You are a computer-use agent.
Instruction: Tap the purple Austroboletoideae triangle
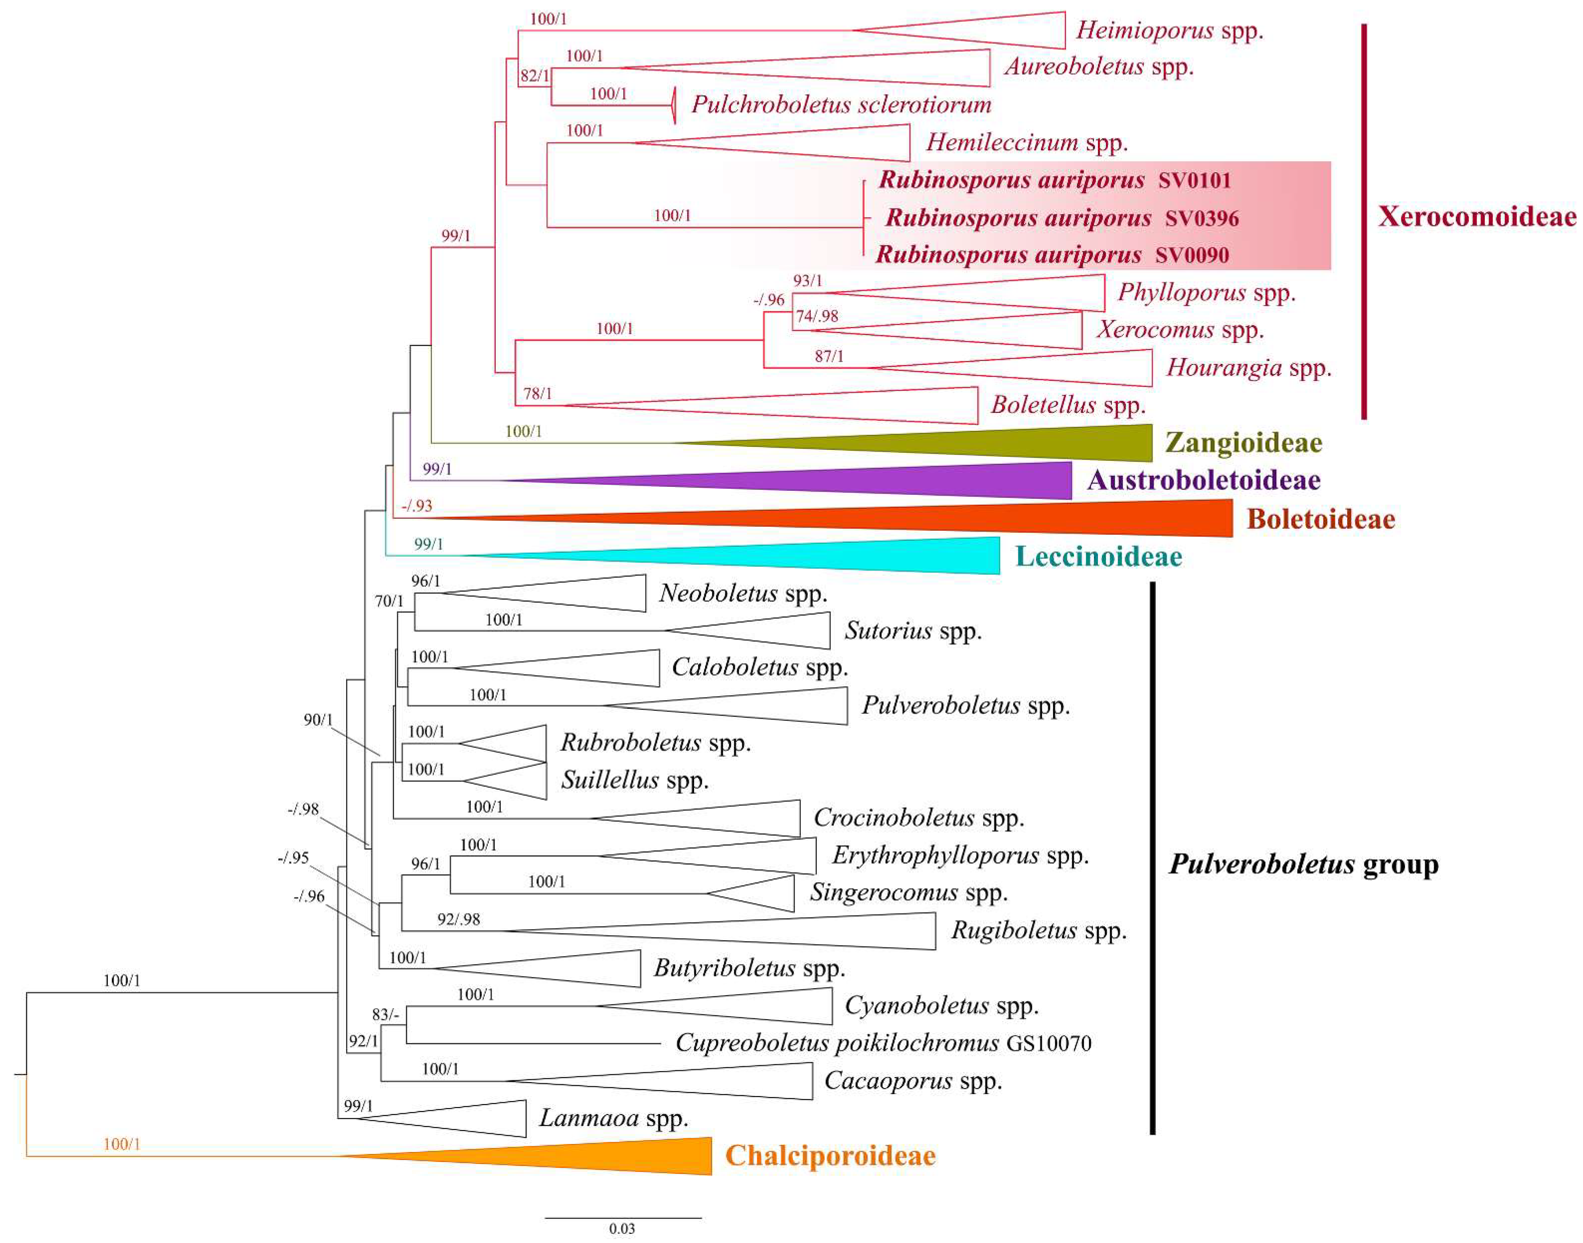873,480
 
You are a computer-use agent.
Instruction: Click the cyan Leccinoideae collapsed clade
800,556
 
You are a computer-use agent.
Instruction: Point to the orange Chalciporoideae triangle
582,1156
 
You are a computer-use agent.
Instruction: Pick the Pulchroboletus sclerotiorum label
841,104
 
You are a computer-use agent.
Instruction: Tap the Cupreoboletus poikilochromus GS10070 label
883,1043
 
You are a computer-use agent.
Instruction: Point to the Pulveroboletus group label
1304,864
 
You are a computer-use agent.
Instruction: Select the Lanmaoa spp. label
613,1118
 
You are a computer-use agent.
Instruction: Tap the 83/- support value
385,1014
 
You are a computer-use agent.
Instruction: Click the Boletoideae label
1320,519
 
